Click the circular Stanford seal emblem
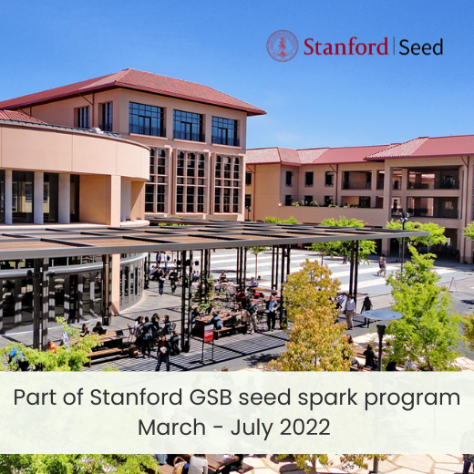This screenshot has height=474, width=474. point(283,46)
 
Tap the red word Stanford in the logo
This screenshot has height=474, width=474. point(345,46)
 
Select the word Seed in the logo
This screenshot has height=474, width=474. point(421,47)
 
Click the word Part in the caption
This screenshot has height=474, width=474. point(35,397)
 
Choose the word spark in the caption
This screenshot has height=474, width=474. point(327,398)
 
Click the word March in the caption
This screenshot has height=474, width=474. point(172,427)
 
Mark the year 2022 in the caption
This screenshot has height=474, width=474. point(304,427)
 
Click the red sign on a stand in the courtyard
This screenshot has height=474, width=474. point(209,334)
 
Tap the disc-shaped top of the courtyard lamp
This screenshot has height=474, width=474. point(382,315)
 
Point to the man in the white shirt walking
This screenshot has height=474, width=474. point(350,312)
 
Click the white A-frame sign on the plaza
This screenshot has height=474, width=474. point(453,284)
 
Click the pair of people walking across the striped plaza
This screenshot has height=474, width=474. point(382,266)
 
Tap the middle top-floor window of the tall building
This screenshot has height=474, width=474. point(189,126)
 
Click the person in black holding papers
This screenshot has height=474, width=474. point(163,353)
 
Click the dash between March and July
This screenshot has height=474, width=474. point(218,428)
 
